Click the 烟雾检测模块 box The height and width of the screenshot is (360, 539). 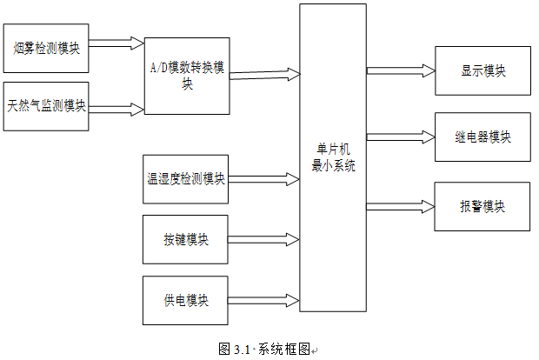46,48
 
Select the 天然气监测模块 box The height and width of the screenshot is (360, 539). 46,106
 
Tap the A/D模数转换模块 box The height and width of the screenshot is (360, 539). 187,76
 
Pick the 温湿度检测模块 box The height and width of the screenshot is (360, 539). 186,179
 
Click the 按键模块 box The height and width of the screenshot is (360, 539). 185,240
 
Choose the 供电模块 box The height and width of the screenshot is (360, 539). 185,300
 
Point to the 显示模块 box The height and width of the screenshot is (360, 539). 483,70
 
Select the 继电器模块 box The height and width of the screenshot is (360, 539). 483,137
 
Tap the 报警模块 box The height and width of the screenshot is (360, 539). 482,207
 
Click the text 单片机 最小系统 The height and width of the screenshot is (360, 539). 333,157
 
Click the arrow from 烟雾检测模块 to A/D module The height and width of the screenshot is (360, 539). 116,43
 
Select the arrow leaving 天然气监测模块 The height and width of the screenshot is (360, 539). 116,110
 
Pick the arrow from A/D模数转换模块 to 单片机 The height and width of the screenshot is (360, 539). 265,75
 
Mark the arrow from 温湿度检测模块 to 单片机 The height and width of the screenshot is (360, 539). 263,179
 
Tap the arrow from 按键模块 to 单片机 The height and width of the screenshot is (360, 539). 263,240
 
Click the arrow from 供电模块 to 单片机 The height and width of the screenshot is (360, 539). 263,301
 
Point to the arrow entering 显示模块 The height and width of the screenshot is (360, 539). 401,70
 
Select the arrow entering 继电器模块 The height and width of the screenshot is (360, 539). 401,137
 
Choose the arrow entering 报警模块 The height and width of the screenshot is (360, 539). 401,207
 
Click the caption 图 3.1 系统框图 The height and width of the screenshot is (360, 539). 265,349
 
